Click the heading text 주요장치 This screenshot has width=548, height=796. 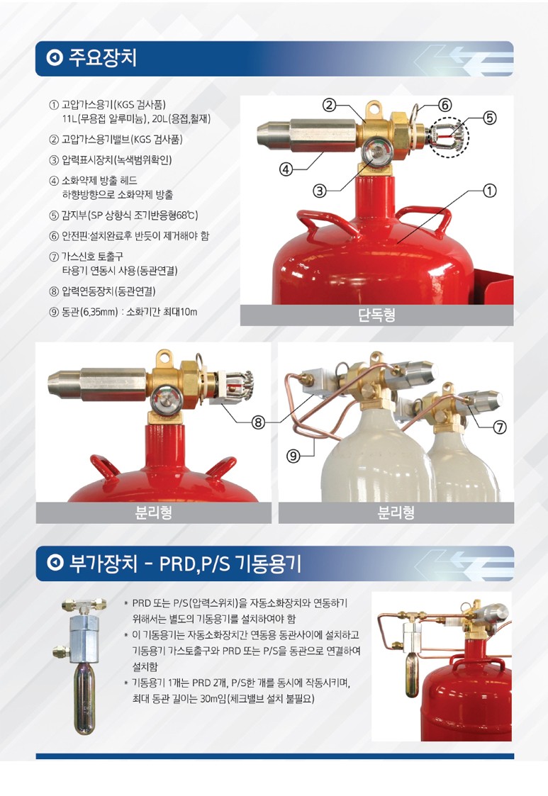tap(103, 58)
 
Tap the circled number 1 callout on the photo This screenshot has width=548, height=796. tap(489, 191)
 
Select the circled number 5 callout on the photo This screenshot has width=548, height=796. tap(489, 118)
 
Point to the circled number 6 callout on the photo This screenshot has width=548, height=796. tap(444, 105)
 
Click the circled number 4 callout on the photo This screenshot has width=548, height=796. tap(286, 169)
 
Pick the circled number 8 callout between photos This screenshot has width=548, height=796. tap(259, 422)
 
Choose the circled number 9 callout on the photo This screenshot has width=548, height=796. tap(293, 456)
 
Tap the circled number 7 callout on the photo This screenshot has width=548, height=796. tap(500, 427)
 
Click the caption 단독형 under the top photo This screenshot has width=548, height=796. tap(376, 315)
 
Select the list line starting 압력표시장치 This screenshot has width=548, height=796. tap(111, 160)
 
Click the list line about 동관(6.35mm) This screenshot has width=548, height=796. tap(123, 312)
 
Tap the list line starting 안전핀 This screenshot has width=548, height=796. tap(129, 235)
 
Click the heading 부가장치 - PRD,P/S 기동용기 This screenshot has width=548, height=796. tap(185, 564)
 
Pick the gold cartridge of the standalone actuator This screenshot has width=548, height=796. tap(85, 699)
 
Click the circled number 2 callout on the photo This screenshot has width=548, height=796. tap(330, 105)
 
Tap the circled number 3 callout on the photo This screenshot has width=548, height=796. tap(319, 191)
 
